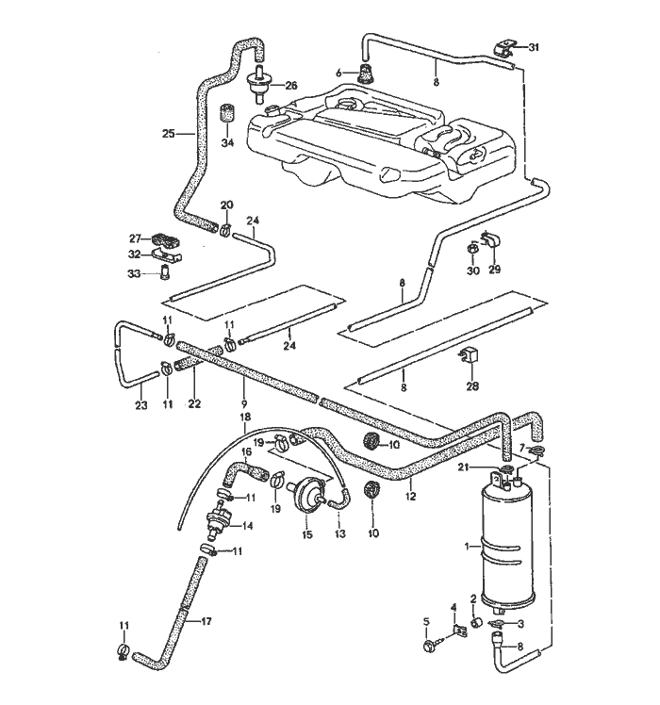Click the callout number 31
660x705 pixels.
534,47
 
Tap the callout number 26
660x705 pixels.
290,86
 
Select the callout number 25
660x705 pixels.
168,134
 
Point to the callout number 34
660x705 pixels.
226,143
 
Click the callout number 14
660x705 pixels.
249,526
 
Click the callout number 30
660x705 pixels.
473,271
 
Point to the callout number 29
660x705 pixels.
494,271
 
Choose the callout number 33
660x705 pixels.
134,273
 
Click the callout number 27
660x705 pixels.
134,238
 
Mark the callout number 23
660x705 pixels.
141,407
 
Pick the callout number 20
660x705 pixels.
226,205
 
